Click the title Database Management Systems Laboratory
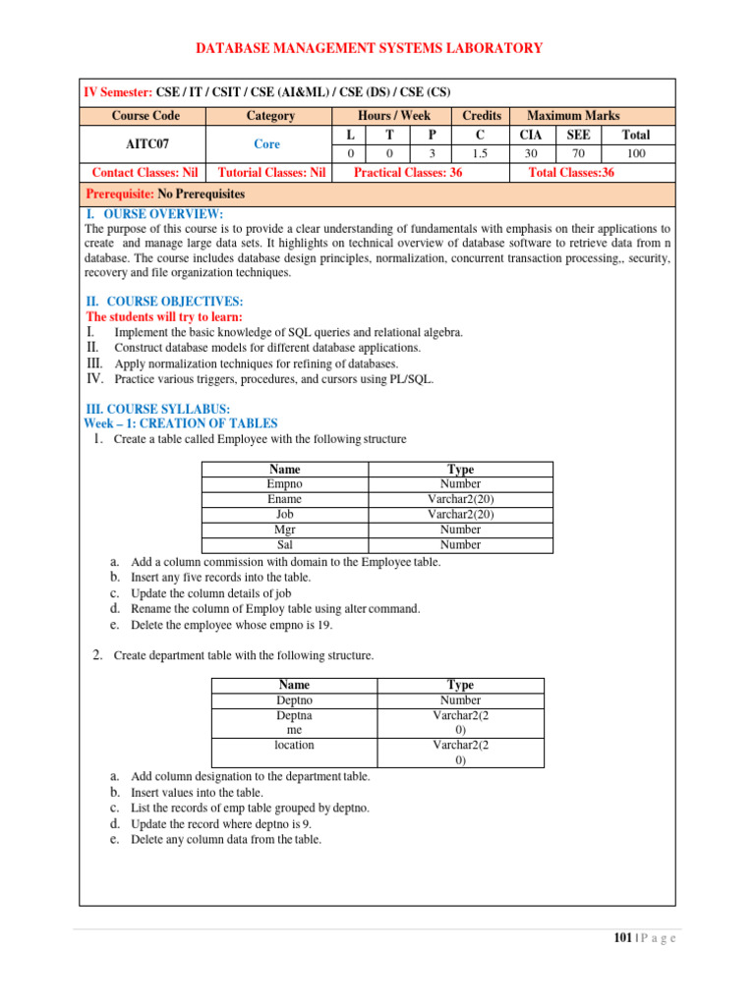369,48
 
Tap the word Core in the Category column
266,143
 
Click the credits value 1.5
482,153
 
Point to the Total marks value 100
636,153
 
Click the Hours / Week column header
394,116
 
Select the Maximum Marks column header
573,116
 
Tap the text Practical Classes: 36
407,173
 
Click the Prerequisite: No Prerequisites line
166,195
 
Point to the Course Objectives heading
165,302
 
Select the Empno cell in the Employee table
285,484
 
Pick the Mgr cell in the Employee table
285,530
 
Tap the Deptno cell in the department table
295,700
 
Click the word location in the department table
295,746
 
